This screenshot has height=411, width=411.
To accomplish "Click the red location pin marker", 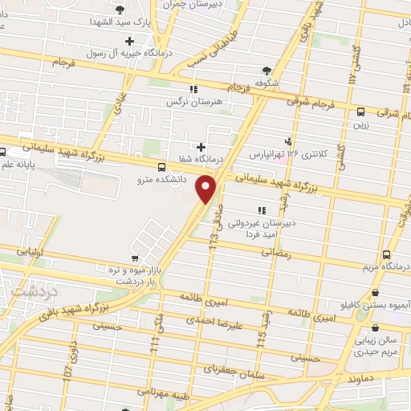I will click(x=207, y=189).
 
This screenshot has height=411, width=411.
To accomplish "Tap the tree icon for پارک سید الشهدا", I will click(x=120, y=10).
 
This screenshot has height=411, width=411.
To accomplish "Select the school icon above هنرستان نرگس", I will click(x=193, y=89).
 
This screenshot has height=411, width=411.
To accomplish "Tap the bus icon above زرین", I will click(x=360, y=112).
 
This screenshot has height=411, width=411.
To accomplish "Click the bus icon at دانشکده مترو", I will click(x=163, y=168).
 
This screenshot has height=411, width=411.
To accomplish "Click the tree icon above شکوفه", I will click(x=265, y=71).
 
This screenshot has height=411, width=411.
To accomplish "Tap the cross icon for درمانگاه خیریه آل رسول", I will click(x=128, y=40).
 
